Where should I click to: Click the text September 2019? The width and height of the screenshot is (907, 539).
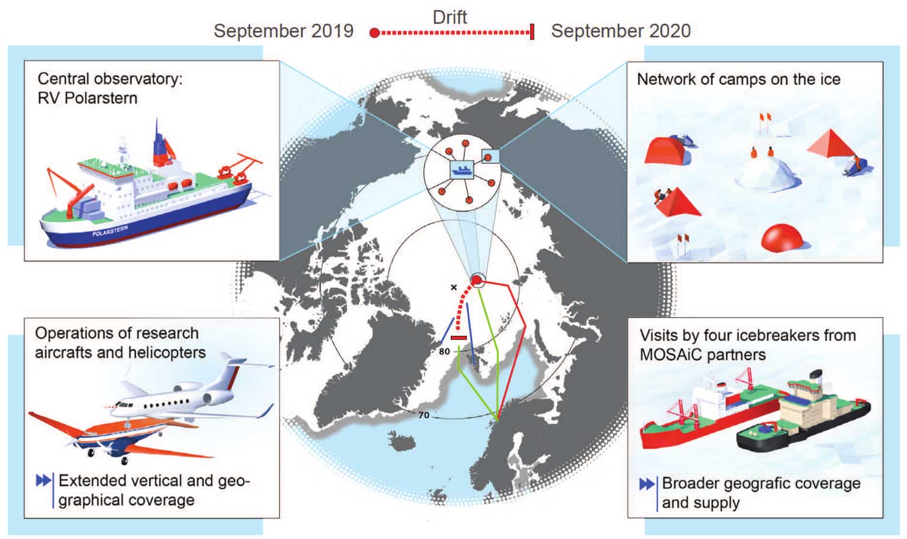click(x=283, y=31)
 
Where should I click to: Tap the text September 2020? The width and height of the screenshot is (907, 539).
click(x=621, y=31)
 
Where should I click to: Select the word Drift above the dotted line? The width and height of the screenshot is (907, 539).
click(x=450, y=17)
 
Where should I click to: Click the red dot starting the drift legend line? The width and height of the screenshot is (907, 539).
click(x=374, y=33)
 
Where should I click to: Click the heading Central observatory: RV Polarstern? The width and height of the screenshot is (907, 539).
click(x=109, y=88)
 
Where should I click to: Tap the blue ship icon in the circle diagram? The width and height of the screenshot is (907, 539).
click(x=461, y=170)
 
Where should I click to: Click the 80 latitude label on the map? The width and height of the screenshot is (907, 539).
click(x=444, y=351)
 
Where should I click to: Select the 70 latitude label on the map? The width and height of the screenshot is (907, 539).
click(x=424, y=415)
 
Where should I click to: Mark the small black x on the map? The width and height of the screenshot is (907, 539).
click(x=454, y=287)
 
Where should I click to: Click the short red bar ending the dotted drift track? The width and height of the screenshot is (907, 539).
click(x=459, y=338)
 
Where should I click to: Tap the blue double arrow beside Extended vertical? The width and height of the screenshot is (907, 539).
click(x=43, y=480)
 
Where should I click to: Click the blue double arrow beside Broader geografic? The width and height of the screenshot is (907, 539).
click(x=647, y=484)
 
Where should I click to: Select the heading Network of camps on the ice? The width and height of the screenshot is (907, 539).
click(x=738, y=79)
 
